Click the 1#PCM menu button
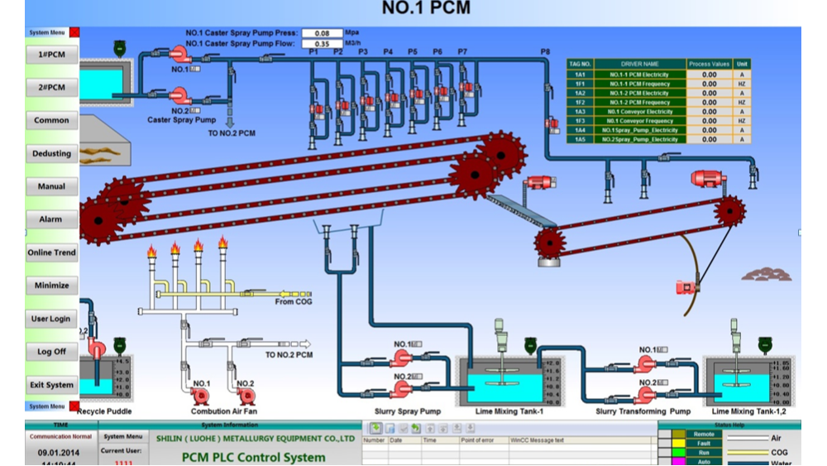(51, 55)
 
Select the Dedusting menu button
(51, 154)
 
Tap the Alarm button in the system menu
(51, 220)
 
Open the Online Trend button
(51, 252)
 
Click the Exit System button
(51, 385)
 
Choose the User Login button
(51, 319)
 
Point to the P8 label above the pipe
(545, 52)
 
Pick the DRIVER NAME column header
(639, 64)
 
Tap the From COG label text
(294, 302)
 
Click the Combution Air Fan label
(223, 411)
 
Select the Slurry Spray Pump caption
(408, 411)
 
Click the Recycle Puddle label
(103, 411)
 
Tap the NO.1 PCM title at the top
(427, 9)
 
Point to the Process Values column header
(710, 64)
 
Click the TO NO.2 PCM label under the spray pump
(230, 132)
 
